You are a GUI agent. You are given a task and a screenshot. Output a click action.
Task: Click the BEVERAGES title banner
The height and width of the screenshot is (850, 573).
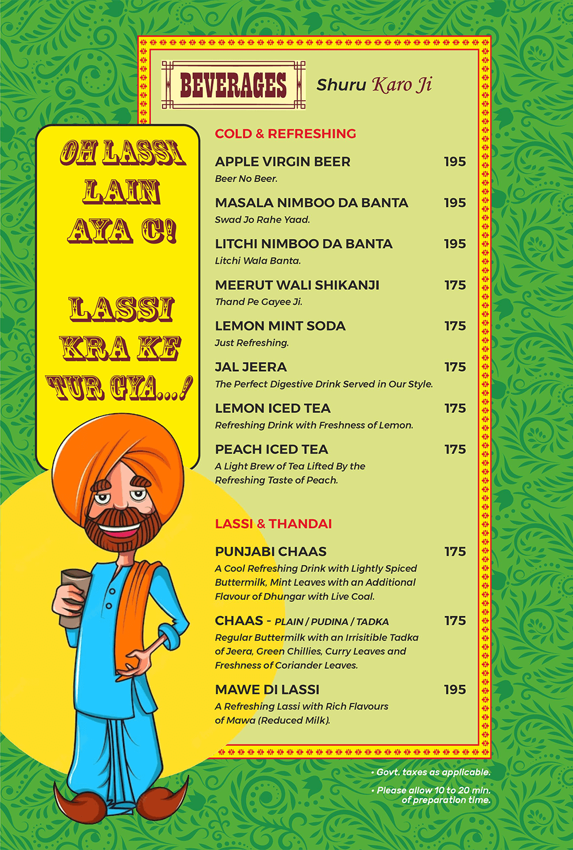(x=233, y=85)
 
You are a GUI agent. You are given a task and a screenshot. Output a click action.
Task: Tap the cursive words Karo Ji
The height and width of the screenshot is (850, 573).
(x=402, y=85)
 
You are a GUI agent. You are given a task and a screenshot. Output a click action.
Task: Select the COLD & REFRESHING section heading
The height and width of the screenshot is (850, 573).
(x=285, y=133)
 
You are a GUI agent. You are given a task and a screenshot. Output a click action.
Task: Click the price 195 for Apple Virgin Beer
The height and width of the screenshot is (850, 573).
(x=454, y=162)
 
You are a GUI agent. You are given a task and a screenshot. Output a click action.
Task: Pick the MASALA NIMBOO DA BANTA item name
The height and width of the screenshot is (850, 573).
(x=311, y=203)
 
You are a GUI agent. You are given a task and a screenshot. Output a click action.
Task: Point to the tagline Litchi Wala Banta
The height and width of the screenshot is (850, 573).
(x=257, y=261)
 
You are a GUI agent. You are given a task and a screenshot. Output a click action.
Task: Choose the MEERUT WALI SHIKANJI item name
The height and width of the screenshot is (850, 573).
(x=297, y=285)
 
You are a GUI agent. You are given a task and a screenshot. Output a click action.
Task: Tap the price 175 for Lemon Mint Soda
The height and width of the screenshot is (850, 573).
(x=455, y=326)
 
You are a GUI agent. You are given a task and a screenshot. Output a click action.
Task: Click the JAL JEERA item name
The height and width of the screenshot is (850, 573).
(x=250, y=367)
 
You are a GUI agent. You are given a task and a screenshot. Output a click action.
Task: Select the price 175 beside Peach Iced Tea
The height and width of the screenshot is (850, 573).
(x=455, y=449)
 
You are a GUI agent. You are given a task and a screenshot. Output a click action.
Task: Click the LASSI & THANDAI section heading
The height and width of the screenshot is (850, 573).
(x=273, y=524)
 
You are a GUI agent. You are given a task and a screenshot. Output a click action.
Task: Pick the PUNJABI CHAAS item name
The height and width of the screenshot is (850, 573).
(x=270, y=552)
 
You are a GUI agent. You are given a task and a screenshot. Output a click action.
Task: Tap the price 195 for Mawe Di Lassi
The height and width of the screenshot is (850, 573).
(x=454, y=690)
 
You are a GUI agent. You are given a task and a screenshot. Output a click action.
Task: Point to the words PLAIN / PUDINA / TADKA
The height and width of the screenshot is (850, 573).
(x=331, y=622)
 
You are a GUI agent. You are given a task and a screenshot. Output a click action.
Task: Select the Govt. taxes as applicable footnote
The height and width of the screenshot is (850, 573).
(x=433, y=772)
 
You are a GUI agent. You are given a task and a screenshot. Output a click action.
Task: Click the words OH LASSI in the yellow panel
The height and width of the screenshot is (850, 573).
(x=123, y=154)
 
